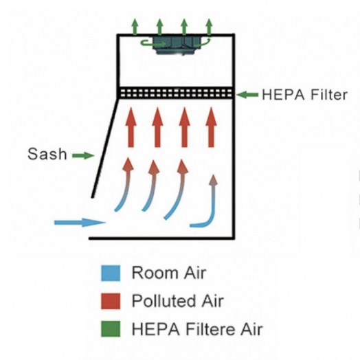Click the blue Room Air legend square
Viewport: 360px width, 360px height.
111,273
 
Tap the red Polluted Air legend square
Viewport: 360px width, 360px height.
111,301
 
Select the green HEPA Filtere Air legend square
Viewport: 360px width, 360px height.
111,329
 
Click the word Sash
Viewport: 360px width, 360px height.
47,154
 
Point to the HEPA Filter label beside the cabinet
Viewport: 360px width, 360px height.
304,95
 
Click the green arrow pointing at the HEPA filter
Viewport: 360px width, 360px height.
247,95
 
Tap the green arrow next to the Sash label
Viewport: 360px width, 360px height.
83,156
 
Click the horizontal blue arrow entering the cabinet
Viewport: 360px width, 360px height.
80,222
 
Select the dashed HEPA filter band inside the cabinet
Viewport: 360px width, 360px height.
177,93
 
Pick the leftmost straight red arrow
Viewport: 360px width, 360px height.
131,127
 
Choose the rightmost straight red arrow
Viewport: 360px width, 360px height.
211,127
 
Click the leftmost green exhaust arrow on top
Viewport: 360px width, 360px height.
135,27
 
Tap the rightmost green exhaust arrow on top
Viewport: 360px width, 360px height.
209,27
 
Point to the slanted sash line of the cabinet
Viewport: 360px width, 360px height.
105,148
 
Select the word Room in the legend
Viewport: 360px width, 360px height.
155,273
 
